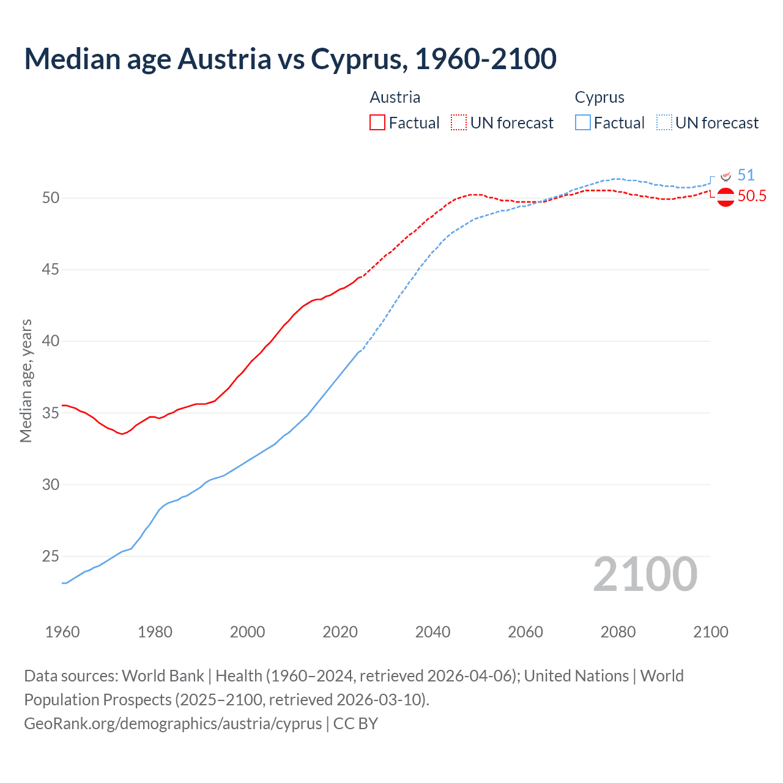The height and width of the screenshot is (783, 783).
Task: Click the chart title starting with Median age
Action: [x=290, y=59]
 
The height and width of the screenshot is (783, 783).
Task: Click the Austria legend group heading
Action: [x=395, y=97]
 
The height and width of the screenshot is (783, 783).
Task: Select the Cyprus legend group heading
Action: [x=599, y=97]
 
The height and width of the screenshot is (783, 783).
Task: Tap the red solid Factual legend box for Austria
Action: [x=377, y=122]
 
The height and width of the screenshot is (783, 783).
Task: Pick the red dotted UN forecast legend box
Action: [x=459, y=122]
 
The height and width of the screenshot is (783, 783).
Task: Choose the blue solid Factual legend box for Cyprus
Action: [x=583, y=122]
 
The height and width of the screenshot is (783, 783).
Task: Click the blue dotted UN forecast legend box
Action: [x=664, y=122]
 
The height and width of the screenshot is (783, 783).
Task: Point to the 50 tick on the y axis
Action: [x=51, y=198]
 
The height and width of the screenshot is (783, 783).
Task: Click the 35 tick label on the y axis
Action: [x=51, y=413]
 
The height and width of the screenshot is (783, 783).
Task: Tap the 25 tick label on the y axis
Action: [x=51, y=556]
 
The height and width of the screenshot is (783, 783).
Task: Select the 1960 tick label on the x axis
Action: [x=62, y=632]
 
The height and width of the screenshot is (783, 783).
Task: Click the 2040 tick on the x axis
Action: [x=432, y=632]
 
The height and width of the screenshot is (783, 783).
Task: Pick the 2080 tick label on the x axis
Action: [x=618, y=632]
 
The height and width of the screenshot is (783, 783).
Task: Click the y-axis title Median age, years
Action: [x=26, y=380]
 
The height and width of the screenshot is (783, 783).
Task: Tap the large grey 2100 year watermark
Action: [x=645, y=574]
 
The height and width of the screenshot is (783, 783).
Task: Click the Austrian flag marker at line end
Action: [x=725, y=198]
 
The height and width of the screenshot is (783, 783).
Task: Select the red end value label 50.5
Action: [x=752, y=196]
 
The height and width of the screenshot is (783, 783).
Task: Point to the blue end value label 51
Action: [x=746, y=176]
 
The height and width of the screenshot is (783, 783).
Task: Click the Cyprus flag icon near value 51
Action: [x=726, y=176]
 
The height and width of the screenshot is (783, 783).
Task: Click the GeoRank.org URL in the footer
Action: [x=173, y=723]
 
